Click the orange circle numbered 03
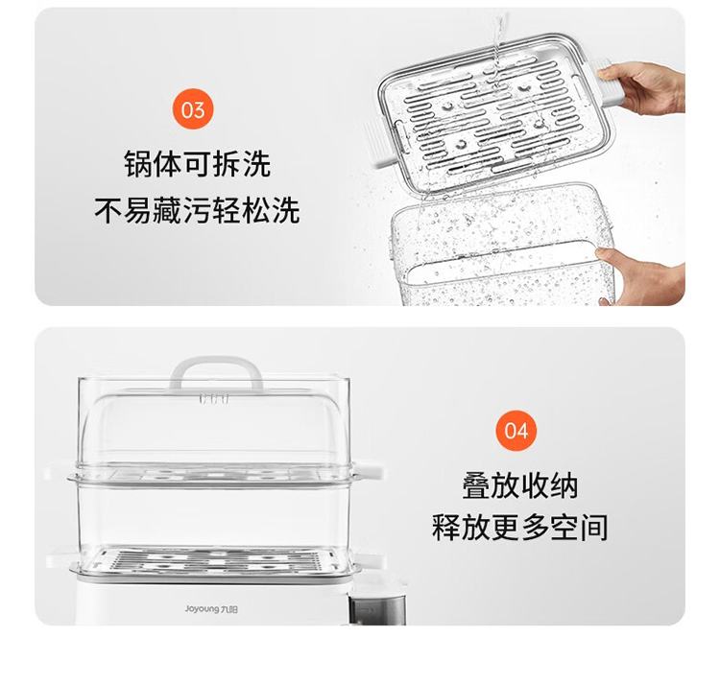pyautogui.click(x=193, y=109)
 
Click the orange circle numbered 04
pyautogui.click(x=516, y=431)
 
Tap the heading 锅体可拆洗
pyautogui.click(x=198, y=164)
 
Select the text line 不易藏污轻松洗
pyautogui.click(x=198, y=210)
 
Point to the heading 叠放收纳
pyautogui.click(x=519, y=485)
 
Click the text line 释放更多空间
pyautogui.click(x=519, y=527)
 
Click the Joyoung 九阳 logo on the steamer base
pyautogui.click(x=211, y=609)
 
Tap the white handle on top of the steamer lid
pyautogui.click(x=216, y=372)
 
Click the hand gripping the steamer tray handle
pyautogui.click(x=643, y=88)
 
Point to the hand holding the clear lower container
pyautogui.click(x=643, y=275)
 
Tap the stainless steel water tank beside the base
pyautogui.click(x=377, y=609)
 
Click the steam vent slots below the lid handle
pyautogui.click(x=214, y=398)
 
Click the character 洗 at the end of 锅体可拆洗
pyautogui.click(x=257, y=164)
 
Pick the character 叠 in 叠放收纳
pyautogui.click(x=476, y=485)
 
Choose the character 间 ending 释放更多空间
pyautogui.click(x=594, y=527)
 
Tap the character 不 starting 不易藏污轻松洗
pyautogui.click(x=108, y=210)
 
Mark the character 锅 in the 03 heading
pyautogui.click(x=137, y=164)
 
